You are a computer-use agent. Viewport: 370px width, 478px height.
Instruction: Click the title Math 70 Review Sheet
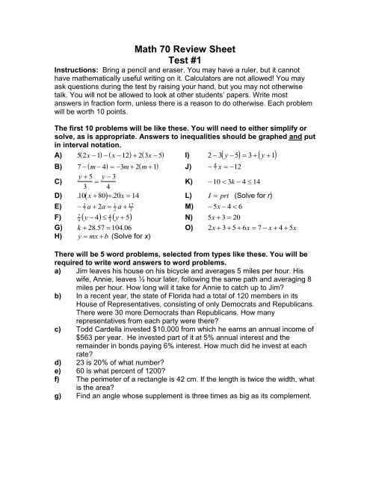(x=184, y=10)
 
